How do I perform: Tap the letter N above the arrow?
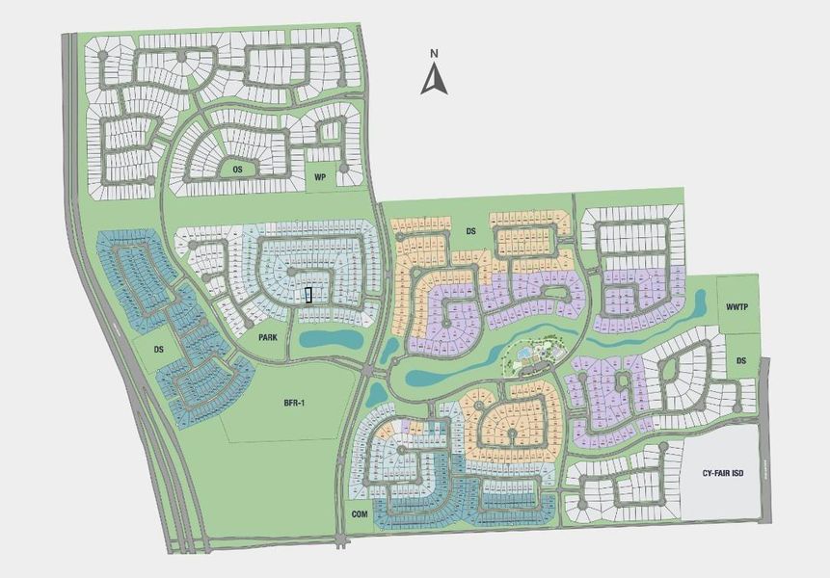click(435, 53)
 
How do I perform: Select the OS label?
click(237, 169)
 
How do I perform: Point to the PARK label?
click(267, 338)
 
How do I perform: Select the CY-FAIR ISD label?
click(724, 473)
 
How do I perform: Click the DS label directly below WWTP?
click(741, 360)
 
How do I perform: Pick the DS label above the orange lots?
click(471, 231)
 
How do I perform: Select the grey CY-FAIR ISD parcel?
click(723, 486)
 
